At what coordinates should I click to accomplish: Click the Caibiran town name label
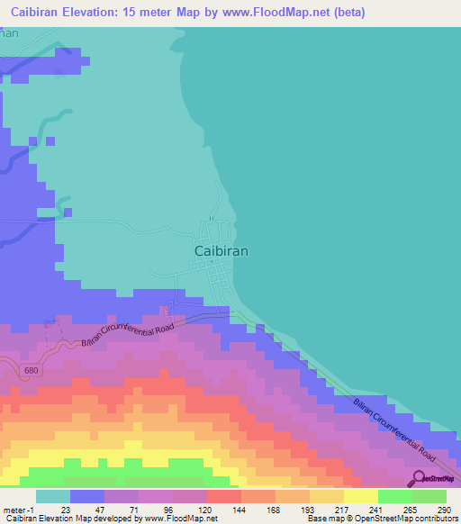pos(221,252)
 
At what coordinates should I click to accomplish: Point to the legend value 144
pos(240,509)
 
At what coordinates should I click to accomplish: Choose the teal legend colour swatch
pos(52,496)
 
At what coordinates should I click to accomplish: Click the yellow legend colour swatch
pos(360,496)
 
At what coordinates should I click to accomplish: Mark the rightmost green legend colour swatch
pos(429,496)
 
